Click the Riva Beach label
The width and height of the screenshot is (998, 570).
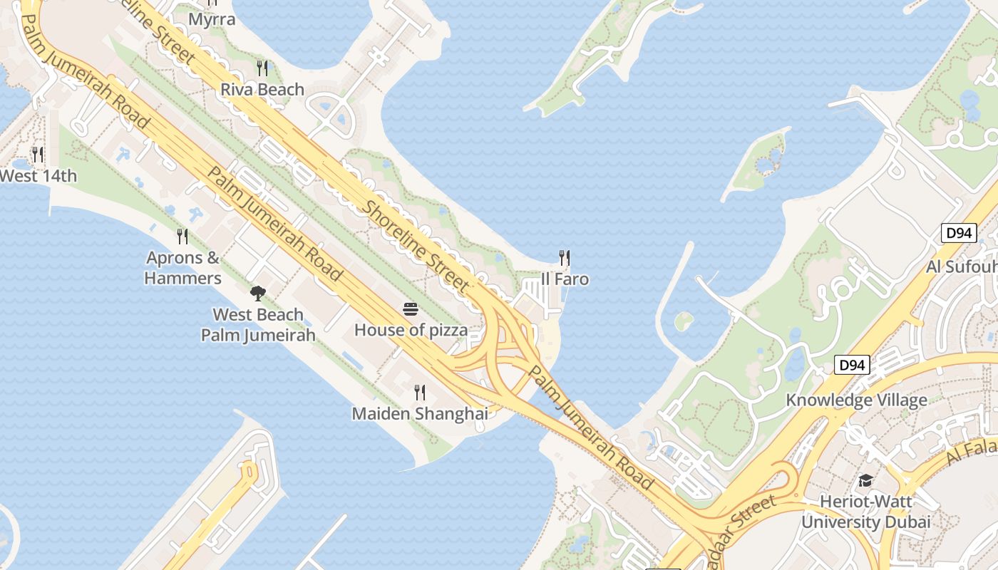point(262,90)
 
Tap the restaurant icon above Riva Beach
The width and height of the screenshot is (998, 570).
point(262,68)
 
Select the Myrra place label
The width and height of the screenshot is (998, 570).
point(212,19)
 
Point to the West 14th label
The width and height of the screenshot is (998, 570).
point(38,175)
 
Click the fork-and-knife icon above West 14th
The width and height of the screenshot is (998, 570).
point(38,154)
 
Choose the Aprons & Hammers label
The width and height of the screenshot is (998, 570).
point(183,268)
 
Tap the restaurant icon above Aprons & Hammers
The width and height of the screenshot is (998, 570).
point(183,236)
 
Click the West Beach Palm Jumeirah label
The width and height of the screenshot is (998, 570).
point(258,325)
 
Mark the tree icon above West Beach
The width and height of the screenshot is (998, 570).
point(258,293)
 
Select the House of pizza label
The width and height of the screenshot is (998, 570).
point(411,330)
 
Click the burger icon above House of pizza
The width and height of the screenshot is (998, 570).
point(411,309)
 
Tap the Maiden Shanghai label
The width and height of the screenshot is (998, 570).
point(420,413)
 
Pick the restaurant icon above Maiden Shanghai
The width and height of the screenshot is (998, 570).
point(420,392)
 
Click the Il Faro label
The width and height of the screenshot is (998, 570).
point(565,279)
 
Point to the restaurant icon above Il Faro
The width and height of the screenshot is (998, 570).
point(565,257)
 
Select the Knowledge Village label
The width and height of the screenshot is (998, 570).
point(856,400)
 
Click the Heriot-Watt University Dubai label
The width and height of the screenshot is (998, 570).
point(865,512)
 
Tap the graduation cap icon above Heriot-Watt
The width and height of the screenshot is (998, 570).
point(865,481)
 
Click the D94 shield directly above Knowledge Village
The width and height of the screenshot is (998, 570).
point(852,366)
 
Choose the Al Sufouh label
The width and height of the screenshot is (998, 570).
point(961,267)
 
